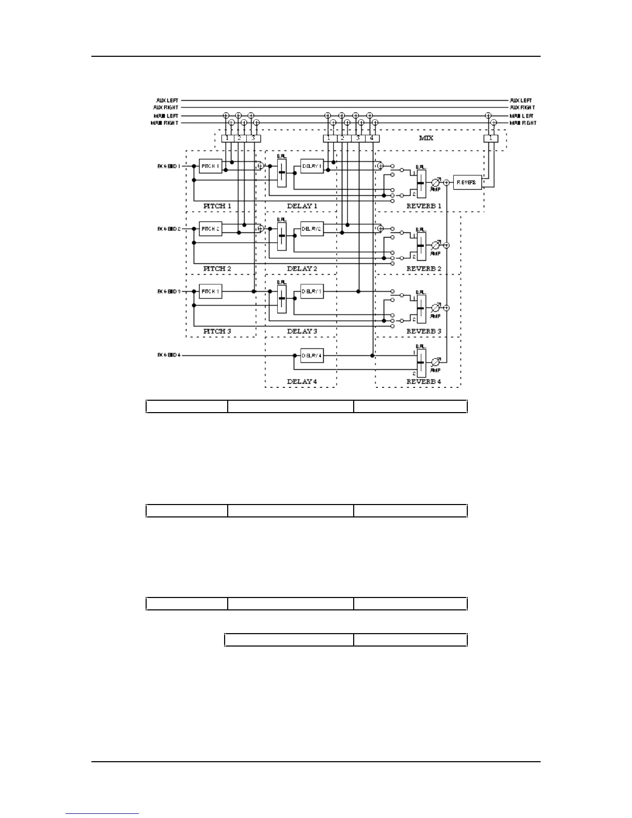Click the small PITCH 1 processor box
coord(211,166)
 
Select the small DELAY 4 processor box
coord(312,355)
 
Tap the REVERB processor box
coord(467,182)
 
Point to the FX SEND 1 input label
coord(169,166)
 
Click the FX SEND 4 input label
coord(169,355)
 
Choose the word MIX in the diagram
coord(426,138)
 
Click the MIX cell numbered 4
coord(372,138)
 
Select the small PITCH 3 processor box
coord(211,292)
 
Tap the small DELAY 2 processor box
coord(312,229)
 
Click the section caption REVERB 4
coord(424,382)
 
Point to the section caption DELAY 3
coord(302,331)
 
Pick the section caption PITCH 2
coord(217,269)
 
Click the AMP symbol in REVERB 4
coord(435,361)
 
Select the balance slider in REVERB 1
coord(421,183)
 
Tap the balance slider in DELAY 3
coord(281,298)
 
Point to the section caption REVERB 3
coord(424,331)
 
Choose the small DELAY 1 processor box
coord(312,166)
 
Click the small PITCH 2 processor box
coord(211,229)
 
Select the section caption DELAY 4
coord(302,382)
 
